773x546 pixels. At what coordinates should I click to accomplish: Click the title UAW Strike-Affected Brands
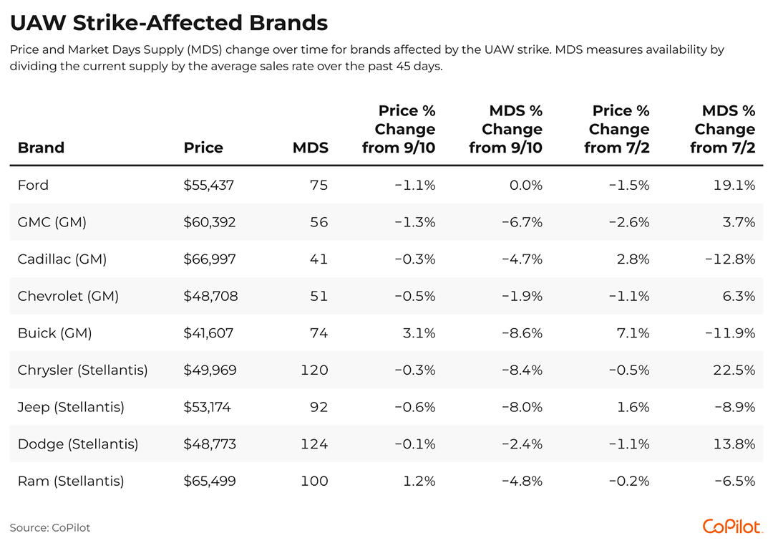169,23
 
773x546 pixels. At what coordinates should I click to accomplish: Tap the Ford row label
33,185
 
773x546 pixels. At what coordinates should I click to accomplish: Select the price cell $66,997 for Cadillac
210,259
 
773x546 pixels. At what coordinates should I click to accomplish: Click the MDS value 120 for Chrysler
314,370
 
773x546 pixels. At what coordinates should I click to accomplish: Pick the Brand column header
41,148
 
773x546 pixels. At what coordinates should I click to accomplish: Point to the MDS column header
311,148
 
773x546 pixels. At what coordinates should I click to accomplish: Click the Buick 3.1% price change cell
420,333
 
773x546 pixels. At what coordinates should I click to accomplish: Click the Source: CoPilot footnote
50,528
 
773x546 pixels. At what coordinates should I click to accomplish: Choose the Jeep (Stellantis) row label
71,407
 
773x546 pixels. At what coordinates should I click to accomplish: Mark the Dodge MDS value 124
314,444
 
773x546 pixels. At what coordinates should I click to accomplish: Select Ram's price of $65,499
210,481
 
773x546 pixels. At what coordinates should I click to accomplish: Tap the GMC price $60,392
210,222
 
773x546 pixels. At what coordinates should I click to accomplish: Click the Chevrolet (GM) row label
68,296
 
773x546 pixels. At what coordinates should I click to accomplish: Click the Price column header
203,148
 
